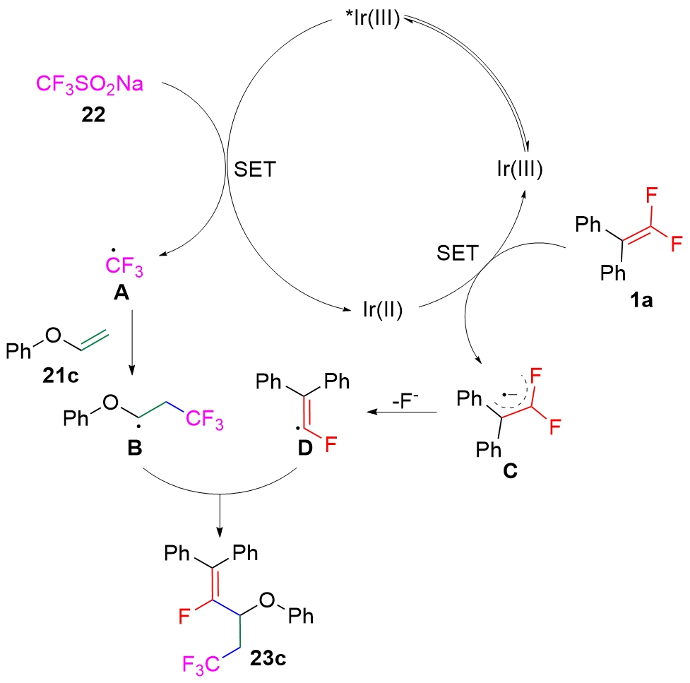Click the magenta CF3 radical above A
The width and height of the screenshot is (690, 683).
click(128, 268)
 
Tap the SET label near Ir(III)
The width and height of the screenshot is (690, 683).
click(456, 253)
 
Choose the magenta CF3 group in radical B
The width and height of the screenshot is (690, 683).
click(205, 421)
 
